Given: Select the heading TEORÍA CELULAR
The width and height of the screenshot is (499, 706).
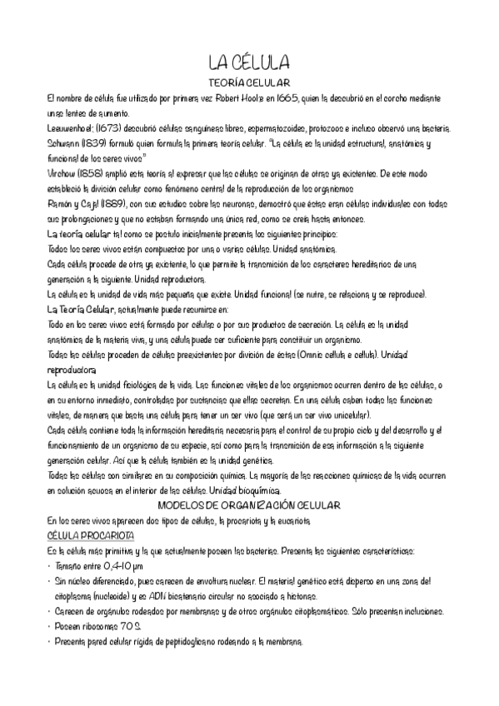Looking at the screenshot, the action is coord(248,83).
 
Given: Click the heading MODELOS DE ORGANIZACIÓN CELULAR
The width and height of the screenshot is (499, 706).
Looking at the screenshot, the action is coord(248,505).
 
